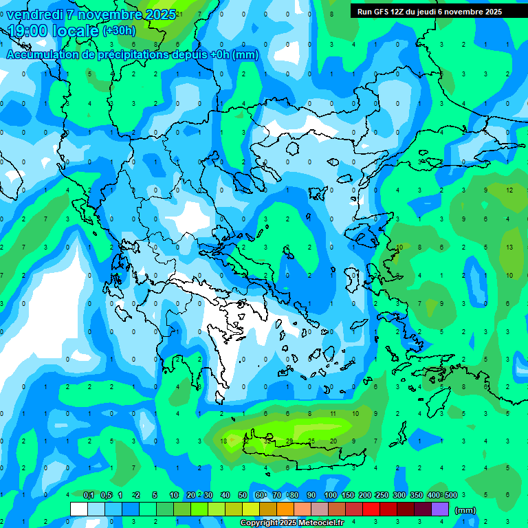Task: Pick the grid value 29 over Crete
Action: [x=289, y=441]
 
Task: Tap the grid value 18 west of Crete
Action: [x=223, y=441]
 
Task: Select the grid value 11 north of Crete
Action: [x=333, y=414]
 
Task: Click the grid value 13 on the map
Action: [x=509, y=247]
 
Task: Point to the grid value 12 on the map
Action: [x=509, y=190]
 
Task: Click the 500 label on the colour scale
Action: [x=450, y=495]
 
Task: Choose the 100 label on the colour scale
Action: [x=330, y=495]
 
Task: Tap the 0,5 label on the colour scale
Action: [x=106, y=495]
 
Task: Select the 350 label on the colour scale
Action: [x=416, y=495]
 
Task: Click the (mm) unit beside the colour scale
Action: [x=465, y=510]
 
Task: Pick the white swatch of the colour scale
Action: [x=79, y=509]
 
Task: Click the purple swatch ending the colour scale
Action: [x=440, y=509]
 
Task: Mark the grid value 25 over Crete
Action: [x=311, y=441]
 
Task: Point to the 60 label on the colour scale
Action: [x=261, y=495]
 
